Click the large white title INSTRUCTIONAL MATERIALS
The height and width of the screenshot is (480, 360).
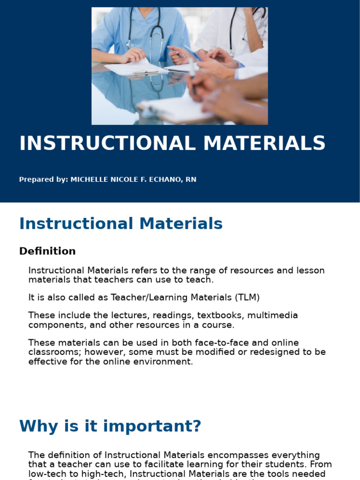172,143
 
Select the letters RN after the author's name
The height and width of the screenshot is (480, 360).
191,180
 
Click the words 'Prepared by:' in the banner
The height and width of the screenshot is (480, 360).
44,180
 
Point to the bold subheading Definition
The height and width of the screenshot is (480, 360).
47,251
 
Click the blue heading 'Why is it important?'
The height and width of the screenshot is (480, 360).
110,426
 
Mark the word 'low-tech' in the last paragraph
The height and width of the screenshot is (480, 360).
47,465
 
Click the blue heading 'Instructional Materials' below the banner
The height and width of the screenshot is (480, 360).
121,224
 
